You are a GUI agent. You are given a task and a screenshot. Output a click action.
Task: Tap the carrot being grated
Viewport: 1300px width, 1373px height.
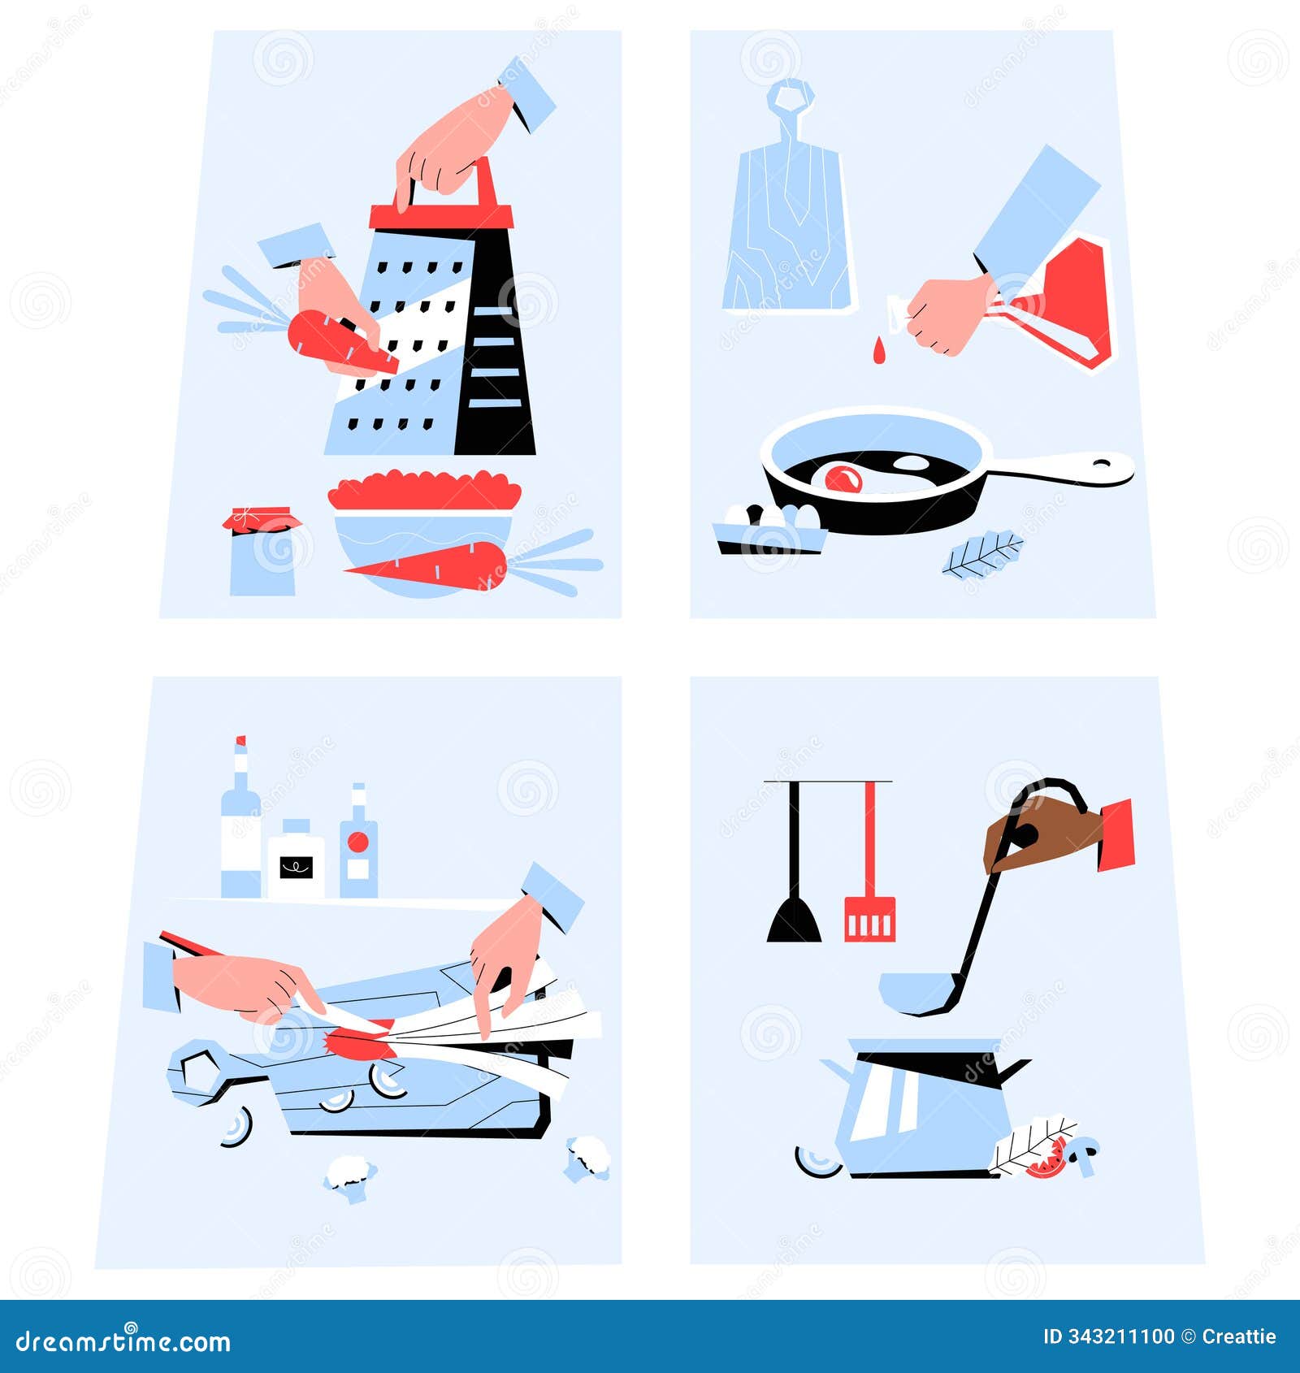pos(333,341)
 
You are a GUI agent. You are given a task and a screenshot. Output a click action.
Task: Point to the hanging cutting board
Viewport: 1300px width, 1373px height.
pos(786,219)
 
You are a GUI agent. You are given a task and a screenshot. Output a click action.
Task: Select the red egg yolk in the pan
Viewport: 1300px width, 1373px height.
pos(843,479)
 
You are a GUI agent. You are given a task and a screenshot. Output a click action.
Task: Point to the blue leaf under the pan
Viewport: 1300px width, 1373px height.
pos(983,555)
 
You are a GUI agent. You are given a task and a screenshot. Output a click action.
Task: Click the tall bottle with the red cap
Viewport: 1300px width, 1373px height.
pos(240,829)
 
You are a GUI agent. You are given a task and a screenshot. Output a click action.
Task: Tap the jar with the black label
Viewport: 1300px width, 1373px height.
pos(296,861)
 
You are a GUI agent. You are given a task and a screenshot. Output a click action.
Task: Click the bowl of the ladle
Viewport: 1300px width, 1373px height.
pos(914,993)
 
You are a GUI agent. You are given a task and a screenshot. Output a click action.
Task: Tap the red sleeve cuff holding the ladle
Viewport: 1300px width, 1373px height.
pos(1117,834)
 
